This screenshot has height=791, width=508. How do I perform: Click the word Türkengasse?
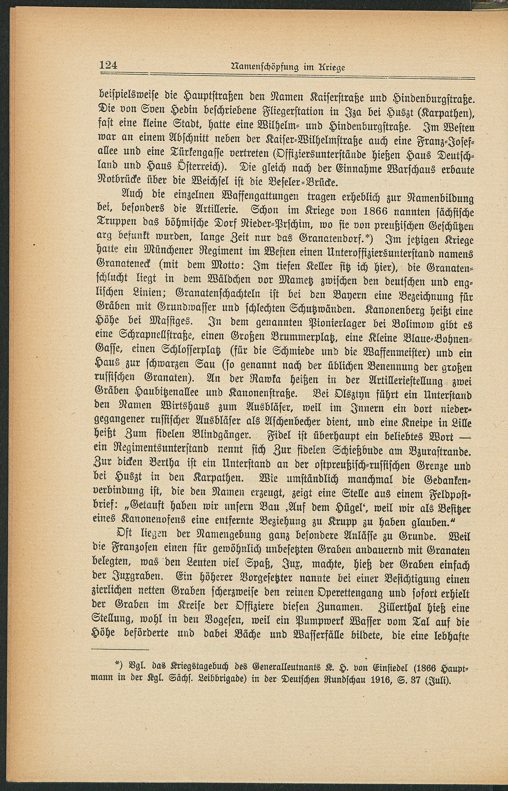pos(187,156)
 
